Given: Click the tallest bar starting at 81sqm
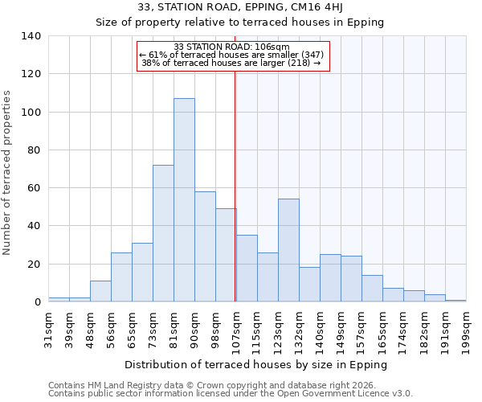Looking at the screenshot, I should (184, 200).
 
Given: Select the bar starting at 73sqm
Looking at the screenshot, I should (163, 233).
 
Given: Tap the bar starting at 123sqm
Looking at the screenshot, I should (288, 250).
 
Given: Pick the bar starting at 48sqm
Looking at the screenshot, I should (100, 292).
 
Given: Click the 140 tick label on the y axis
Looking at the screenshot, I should (31, 36).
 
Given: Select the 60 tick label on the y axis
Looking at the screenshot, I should (34, 188).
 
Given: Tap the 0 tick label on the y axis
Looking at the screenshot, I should (37, 302).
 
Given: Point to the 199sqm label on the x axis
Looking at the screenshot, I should (467, 330).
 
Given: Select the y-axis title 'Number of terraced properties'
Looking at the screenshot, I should (7, 173).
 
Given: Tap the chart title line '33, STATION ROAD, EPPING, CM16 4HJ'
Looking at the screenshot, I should (240, 7).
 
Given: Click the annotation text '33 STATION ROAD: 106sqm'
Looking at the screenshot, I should (232, 47).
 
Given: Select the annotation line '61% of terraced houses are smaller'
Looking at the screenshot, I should (232, 55).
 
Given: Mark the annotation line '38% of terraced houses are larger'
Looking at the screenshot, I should (232, 63).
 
